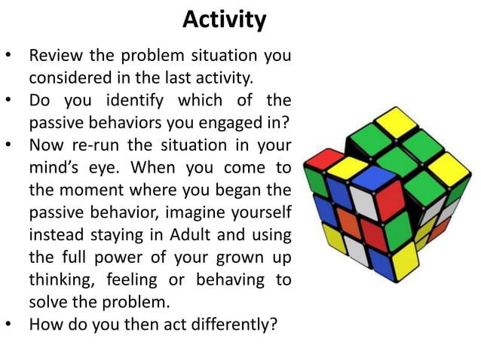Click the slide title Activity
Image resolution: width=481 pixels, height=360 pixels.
(224, 20)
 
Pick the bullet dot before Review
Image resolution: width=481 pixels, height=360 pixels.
(10, 57)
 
